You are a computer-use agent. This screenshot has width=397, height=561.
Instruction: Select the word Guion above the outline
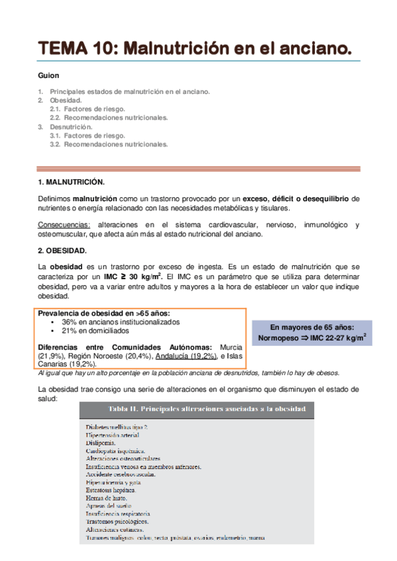[x=49, y=76]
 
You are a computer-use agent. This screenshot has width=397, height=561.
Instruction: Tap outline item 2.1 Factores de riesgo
[x=87, y=108]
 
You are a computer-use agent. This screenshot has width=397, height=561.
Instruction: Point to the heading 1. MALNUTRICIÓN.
[x=72, y=181]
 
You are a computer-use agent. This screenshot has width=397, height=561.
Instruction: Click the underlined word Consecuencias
[x=61, y=225]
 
